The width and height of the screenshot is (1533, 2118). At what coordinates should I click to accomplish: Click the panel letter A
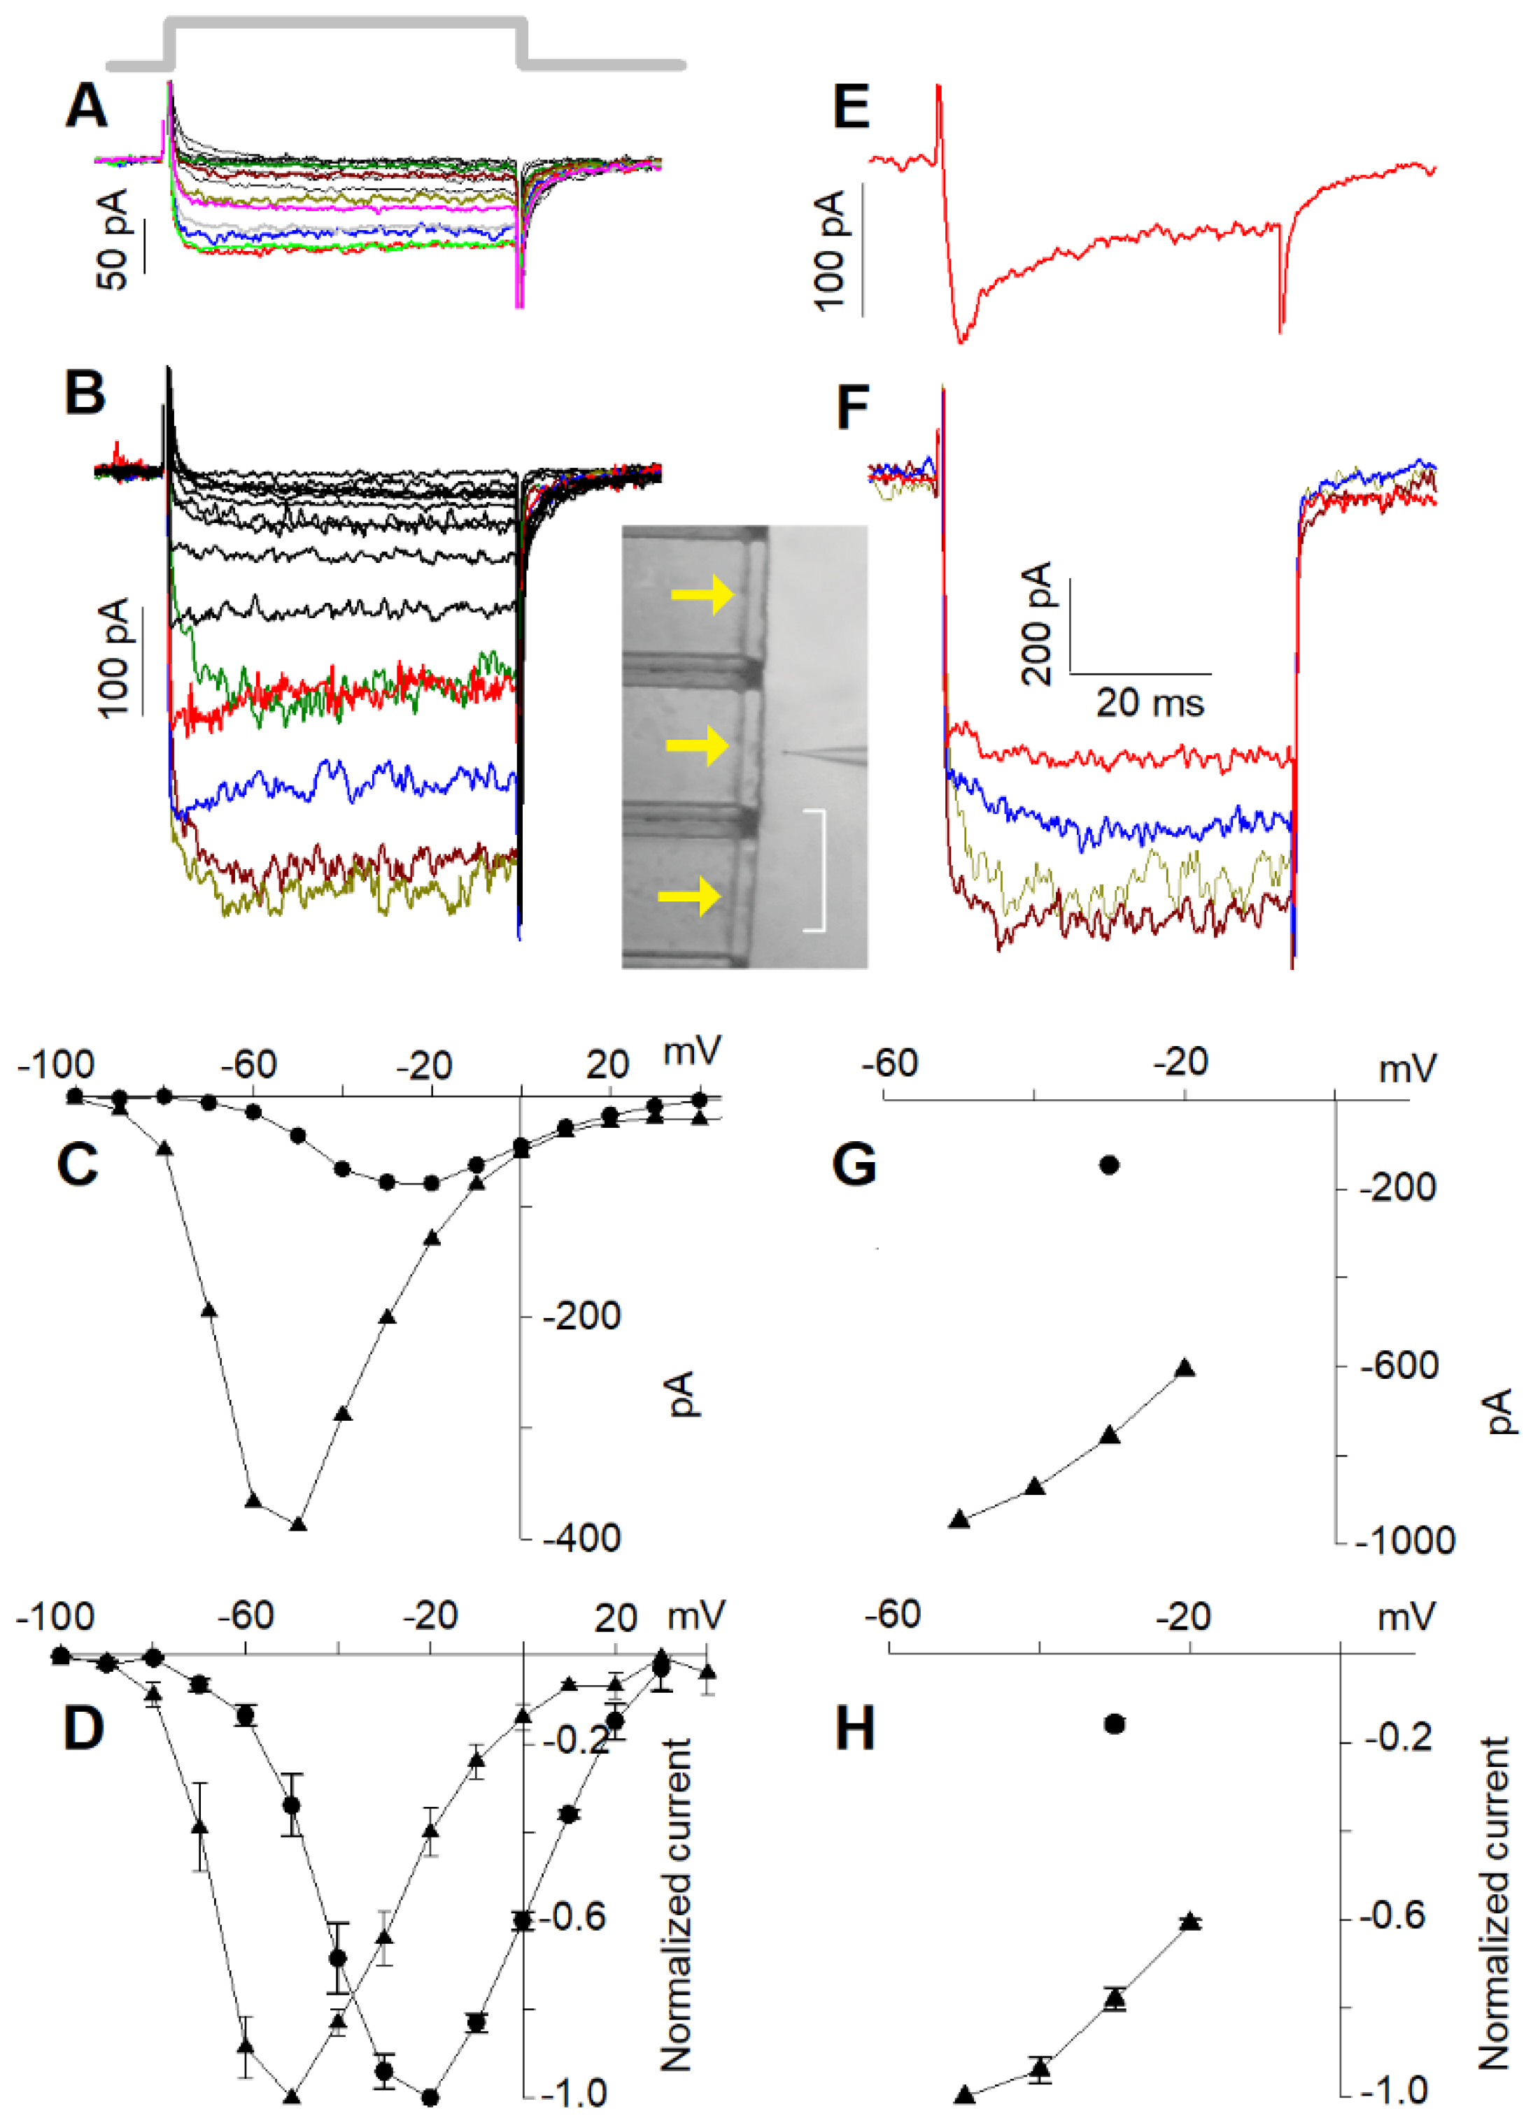point(86,106)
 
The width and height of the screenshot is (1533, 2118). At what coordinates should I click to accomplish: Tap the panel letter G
point(854,1164)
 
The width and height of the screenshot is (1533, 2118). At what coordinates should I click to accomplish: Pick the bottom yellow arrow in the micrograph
point(689,896)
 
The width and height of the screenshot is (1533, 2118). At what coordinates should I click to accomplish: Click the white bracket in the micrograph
point(817,871)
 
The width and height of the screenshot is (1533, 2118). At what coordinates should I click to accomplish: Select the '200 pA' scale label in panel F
point(1036,623)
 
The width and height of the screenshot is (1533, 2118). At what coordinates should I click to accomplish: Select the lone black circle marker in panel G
point(1109,1164)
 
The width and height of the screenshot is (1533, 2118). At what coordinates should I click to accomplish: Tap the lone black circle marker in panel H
point(1114,1724)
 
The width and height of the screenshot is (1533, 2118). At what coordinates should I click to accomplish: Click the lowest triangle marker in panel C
point(298,1525)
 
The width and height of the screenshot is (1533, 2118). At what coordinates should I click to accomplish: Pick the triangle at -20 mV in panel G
point(1185,1368)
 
